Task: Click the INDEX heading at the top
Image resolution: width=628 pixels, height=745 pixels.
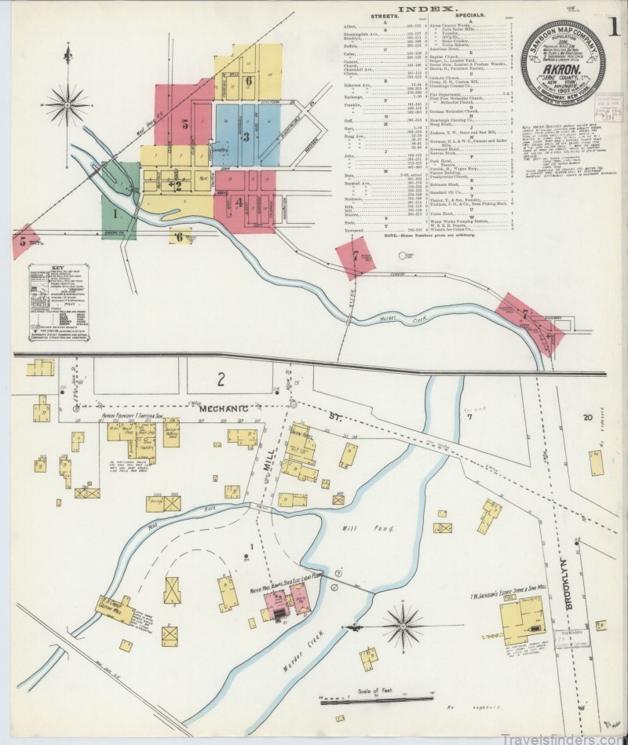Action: (x=427, y=9)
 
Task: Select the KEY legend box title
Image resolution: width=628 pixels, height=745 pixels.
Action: (x=57, y=268)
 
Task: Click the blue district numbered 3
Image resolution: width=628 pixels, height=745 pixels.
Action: (x=246, y=137)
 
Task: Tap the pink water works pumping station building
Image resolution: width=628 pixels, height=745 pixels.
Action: (x=287, y=602)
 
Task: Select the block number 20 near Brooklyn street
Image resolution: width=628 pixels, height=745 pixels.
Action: (x=587, y=418)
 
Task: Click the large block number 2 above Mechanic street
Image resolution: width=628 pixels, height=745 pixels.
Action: (x=221, y=380)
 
